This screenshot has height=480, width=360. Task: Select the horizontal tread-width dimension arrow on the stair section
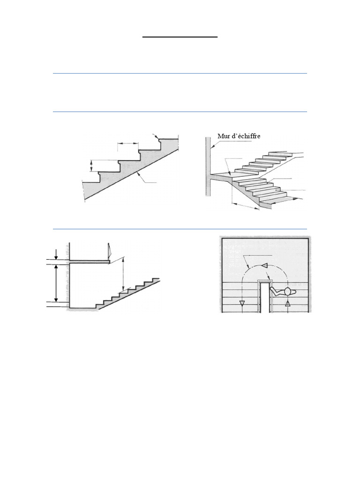(x=128, y=144)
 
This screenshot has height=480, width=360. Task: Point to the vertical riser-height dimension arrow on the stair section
(x=92, y=165)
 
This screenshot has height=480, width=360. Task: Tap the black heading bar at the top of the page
(x=180, y=36)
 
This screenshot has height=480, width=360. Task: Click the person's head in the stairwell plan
(x=287, y=291)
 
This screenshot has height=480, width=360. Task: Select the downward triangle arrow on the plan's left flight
(x=242, y=303)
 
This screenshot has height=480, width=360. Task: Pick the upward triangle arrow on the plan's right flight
(x=288, y=303)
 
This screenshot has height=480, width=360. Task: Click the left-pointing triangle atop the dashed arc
(x=264, y=266)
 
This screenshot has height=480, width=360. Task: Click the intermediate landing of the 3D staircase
(x=220, y=176)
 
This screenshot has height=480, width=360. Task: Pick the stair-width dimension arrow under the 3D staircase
(x=245, y=205)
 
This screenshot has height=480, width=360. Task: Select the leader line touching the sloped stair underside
(x=141, y=177)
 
